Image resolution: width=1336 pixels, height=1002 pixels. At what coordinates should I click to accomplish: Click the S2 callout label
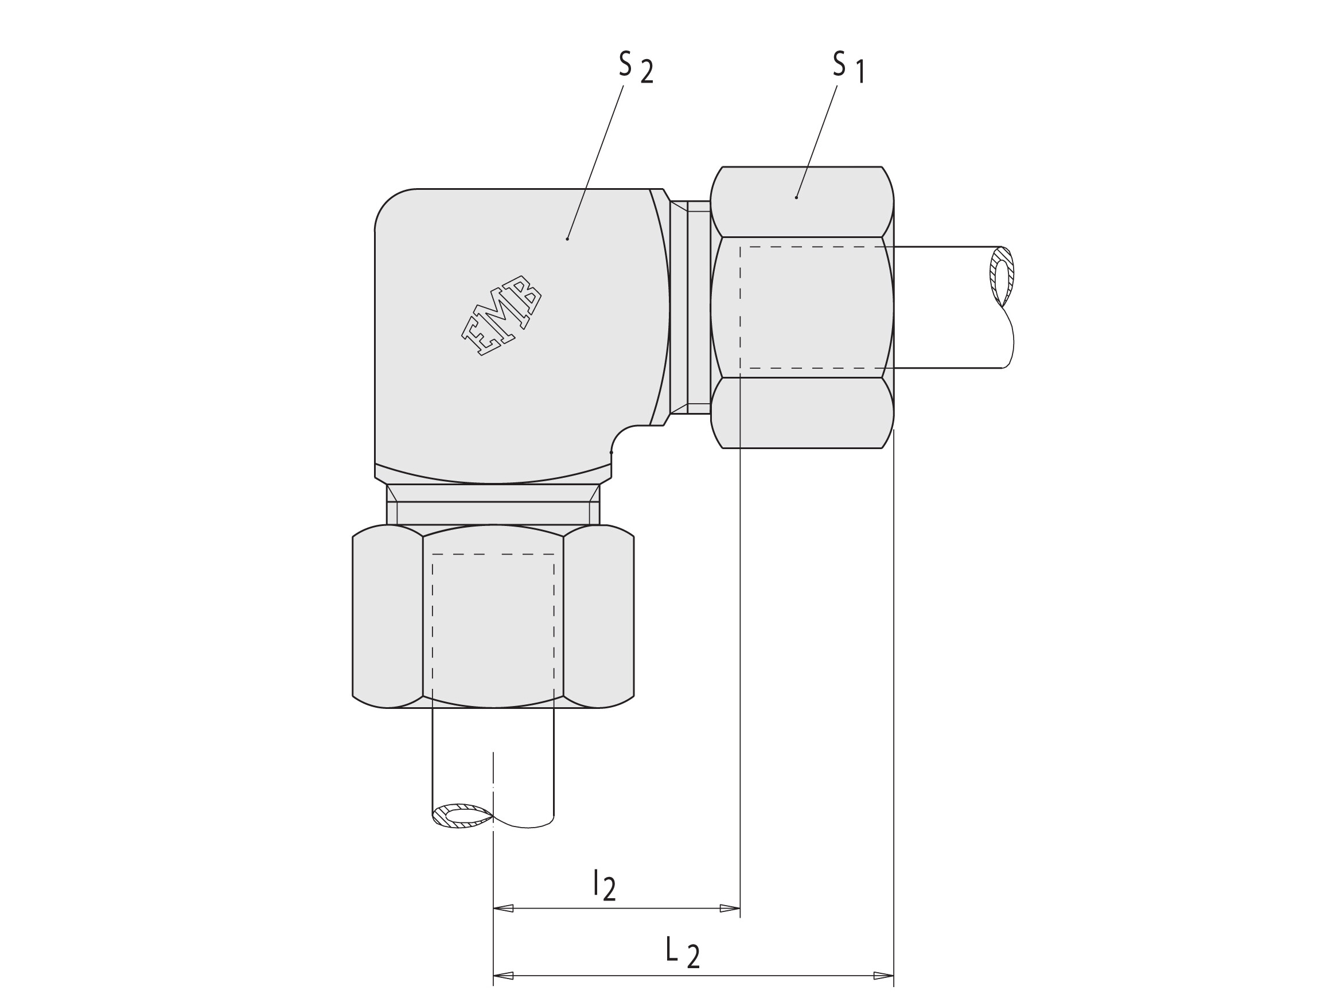coord(636,68)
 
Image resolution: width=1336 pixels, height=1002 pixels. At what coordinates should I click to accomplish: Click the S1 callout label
coord(849,67)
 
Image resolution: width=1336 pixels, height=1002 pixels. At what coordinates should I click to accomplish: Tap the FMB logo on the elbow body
coord(501,315)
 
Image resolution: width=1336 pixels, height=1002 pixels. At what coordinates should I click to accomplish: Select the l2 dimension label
coord(604,885)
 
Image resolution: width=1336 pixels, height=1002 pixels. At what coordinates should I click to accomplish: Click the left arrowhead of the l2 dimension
coord(504,909)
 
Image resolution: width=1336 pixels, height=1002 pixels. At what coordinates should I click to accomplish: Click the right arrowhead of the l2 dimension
coord(730,909)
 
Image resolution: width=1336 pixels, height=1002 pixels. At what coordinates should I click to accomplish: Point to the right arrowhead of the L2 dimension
coord(883,976)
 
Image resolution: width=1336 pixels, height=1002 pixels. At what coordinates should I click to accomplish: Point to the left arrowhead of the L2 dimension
coord(504,976)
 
